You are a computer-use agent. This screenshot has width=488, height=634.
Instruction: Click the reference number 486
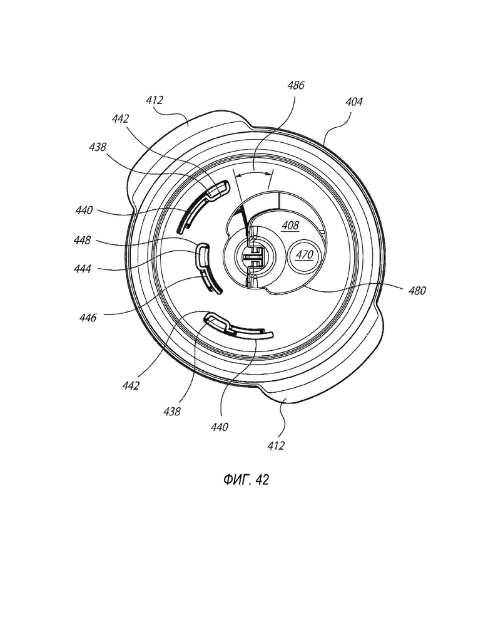pyautogui.click(x=296, y=85)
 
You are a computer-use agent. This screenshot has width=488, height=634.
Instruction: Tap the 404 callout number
pyautogui.click(x=354, y=101)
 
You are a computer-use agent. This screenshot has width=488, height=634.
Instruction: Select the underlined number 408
pyautogui.click(x=290, y=225)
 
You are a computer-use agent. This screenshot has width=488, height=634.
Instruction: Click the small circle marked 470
pyautogui.click(x=304, y=255)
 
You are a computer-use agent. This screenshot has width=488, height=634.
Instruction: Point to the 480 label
pyautogui.click(x=417, y=291)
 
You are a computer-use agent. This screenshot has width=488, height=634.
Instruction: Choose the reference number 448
pyautogui.click(x=82, y=240)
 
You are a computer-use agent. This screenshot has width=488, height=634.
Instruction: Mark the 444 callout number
pyautogui.click(x=83, y=269)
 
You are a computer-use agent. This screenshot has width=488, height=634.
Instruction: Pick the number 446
pyautogui.click(x=88, y=318)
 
